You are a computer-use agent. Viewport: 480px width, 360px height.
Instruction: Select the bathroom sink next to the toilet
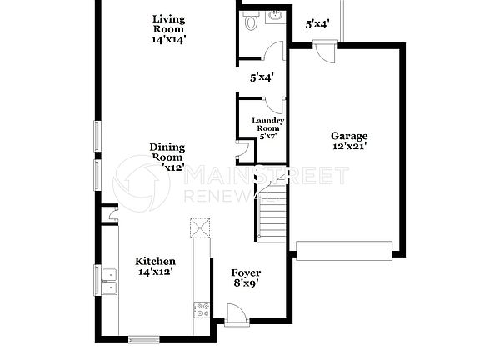pyautogui.click(x=274, y=17)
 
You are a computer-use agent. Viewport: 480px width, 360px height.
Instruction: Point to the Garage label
pyautogui.click(x=349, y=136)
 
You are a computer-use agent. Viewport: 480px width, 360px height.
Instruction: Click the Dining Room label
pyautogui.click(x=167, y=152)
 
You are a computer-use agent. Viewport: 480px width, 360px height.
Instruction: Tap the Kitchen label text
pyautogui.click(x=155, y=261)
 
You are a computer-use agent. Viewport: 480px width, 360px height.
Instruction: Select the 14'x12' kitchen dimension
pyautogui.click(x=154, y=272)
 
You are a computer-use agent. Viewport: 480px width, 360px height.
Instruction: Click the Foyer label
pyautogui.click(x=246, y=273)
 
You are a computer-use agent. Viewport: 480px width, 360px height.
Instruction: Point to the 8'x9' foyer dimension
pyautogui.click(x=246, y=284)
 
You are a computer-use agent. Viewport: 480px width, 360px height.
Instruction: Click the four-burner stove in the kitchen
pyautogui.click(x=201, y=310)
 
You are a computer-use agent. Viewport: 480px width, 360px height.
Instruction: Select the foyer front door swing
pyautogui.click(x=235, y=313)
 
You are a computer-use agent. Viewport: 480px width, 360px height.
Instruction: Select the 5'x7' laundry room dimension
pyautogui.click(x=268, y=136)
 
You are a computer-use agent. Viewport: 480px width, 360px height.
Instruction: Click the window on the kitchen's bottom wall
pyautogui.click(x=143, y=338)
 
